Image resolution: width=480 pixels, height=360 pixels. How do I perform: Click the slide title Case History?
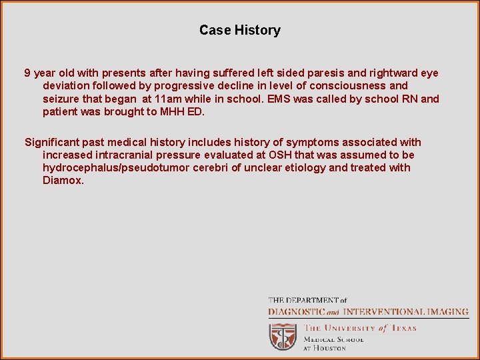point(239,30)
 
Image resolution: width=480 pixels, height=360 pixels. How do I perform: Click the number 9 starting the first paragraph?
point(27,73)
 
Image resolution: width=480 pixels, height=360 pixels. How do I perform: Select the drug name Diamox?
point(63,180)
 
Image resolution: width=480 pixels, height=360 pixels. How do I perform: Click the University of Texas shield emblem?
point(283,336)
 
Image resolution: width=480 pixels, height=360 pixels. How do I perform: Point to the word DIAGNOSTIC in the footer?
point(296,311)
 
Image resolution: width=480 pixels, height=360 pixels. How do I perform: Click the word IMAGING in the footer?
point(446,311)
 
